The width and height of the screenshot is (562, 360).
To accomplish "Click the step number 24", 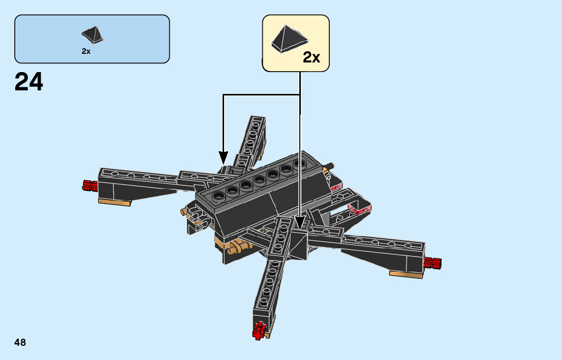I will (29, 82).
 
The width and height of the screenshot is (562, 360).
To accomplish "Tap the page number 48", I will (20, 343).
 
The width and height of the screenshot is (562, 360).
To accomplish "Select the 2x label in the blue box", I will (86, 51).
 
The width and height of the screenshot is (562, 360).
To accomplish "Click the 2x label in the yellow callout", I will (311, 58).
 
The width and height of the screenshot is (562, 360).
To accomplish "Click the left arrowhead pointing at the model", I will (223, 157).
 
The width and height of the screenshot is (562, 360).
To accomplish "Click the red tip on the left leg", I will (89, 185).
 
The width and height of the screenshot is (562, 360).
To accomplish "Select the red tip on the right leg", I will (432, 263).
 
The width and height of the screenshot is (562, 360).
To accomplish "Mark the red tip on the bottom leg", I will (260, 330).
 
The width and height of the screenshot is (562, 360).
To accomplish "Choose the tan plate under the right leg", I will (406, 274).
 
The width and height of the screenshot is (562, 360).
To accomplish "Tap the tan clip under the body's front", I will (239, 249).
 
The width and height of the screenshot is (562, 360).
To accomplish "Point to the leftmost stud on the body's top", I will (220, 196).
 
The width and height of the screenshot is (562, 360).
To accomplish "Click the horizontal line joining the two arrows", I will (261, 94).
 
